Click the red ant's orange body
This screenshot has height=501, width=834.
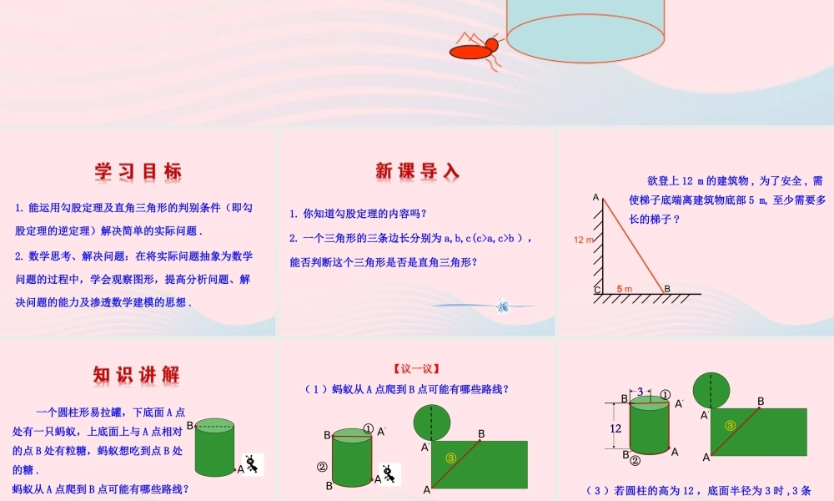click(x=471, y=52)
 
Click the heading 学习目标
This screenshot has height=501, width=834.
click(x=138, y=172)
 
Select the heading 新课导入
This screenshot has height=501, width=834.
click(x=417, y=172)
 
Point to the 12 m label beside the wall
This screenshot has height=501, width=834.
click(x=584, y=240)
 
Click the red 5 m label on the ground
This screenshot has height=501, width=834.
click(x=625, y=289)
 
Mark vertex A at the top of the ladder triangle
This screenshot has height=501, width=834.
click(x=596, y=198)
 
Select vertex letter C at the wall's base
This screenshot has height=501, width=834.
click(x=597, y=290)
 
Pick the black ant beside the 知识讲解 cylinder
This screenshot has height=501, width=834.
click(x=251, y=464)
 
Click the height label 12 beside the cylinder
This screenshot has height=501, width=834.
click(x=615, y=428)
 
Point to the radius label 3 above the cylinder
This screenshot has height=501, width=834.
click(x=640, y=392)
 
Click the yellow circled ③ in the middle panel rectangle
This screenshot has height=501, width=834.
click(x=451, y=457)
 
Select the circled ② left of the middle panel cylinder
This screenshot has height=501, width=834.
click(x=321, y=467)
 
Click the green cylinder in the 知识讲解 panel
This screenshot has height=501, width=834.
click(x=214, y=448)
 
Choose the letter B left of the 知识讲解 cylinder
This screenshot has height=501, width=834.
click(x=189, y=426)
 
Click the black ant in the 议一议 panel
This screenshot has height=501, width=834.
click(x=389, y=473)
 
